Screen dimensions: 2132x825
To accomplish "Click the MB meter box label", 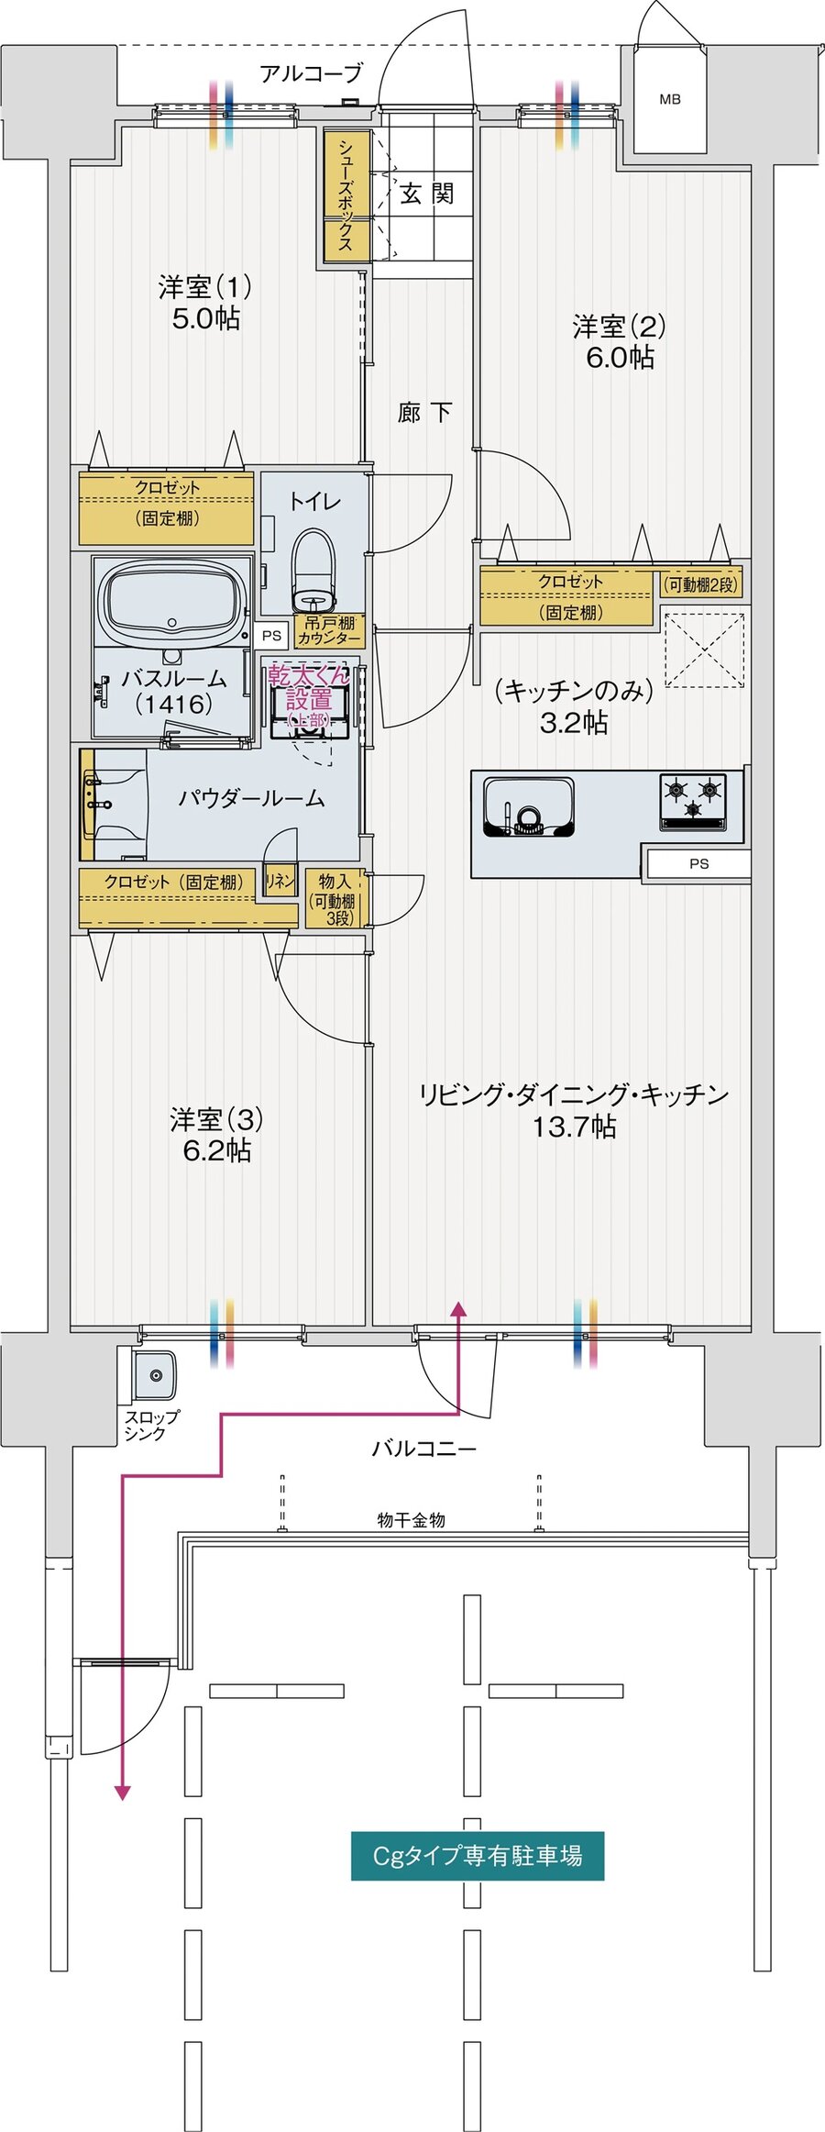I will coord(670,99).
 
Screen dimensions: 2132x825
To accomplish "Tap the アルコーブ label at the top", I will coord(310,72).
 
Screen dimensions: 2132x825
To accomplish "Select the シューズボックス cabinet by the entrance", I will coord(346,194).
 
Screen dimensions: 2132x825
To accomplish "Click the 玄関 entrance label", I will coord(427,194).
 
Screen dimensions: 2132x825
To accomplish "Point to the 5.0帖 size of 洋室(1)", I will coord(206,318).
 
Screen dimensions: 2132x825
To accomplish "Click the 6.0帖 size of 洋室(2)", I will coord(621,358).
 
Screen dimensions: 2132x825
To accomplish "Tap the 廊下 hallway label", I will coord(424,412).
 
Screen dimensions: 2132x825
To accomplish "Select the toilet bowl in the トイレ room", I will coord(313,569).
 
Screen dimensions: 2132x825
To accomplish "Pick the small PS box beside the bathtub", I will coord(271,635).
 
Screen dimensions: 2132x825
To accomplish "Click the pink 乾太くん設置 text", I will coord(309,687).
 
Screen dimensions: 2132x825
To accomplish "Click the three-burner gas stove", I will coord(693,800).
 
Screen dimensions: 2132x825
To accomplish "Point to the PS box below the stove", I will coord(698,863).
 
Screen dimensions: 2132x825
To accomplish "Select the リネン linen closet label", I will coord(280,881).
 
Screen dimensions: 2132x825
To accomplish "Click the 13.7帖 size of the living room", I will coord(575,1127).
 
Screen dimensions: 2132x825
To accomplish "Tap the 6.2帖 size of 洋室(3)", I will coord(217,1150).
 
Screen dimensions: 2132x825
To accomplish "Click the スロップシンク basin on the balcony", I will coord(155,1375).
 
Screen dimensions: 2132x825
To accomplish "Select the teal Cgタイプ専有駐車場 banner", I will coord(477,1856).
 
